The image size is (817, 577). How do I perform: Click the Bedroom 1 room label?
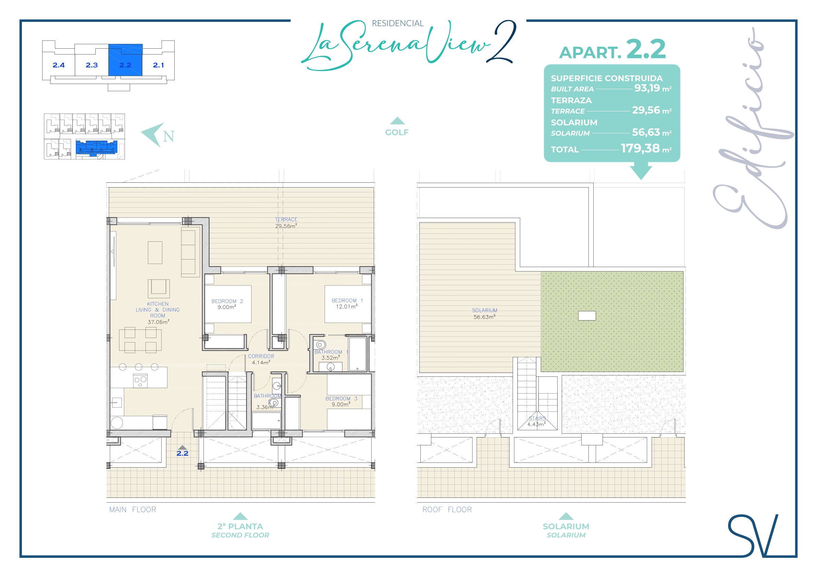click(347, 303)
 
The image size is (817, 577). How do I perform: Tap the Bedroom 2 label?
click(227, 304)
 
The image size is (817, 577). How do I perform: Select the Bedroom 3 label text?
click(341, 401)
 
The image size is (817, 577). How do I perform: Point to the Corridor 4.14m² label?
click(261, 359)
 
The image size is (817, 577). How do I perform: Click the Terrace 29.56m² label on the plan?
click(286, 223)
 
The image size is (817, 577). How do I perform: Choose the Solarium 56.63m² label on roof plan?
click(485, 314)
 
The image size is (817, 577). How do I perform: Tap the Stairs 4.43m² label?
click(537, 421)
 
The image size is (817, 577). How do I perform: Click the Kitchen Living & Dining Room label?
click(157, 313)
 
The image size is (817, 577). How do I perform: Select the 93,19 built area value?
click(647, 88)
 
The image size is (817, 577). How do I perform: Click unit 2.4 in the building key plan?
click(59, 65)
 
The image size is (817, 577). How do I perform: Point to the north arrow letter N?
click(169, 136)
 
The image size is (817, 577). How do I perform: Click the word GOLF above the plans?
click(397, 132)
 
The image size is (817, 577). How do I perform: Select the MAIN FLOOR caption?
click(133, 509)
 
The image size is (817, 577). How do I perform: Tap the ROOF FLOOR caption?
click(447, 509)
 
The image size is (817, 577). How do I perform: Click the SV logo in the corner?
click(753, 536)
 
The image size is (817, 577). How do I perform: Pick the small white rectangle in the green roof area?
click(587, 316)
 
